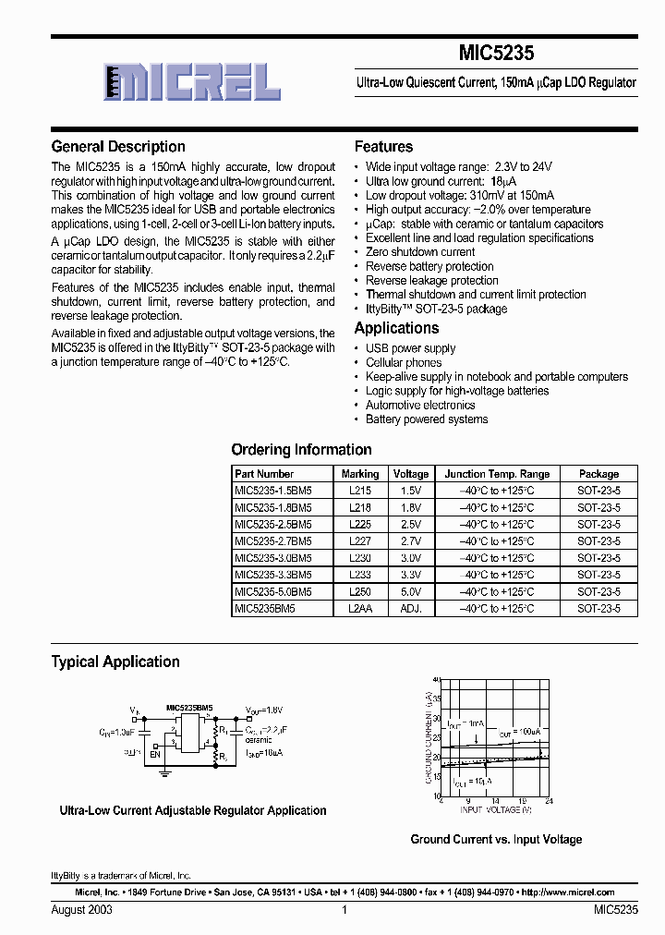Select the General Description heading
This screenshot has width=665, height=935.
point(118,147)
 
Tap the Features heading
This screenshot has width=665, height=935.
point(383,147)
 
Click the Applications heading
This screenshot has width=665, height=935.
point(396,329)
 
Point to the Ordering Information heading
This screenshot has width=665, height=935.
point(301,450)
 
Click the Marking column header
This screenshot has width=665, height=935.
point(361,474)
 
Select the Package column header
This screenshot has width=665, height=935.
point(598,474)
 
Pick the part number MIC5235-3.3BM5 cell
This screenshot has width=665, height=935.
point(273,575)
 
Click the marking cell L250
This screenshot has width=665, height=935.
point(361,591)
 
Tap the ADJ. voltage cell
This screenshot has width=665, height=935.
point(411,609)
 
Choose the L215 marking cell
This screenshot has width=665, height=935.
point(361,491)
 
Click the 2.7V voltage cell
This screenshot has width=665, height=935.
point(411,541)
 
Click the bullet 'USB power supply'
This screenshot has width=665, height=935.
point(410,348)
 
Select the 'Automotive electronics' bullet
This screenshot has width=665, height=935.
point(420,405)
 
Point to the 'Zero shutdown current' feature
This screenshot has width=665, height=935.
point(420,252)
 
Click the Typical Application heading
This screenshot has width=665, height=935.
point(115,662)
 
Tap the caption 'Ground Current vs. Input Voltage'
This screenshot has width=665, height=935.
point(496,840)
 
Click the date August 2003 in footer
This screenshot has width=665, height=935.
point(82,910)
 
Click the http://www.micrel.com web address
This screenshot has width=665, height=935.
point(567,893)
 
